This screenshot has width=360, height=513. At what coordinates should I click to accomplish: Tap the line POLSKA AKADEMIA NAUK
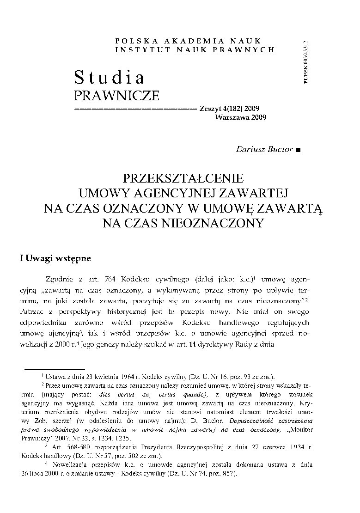[x=188, y=41]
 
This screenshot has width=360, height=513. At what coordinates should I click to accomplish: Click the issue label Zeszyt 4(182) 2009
[x=229, y=109]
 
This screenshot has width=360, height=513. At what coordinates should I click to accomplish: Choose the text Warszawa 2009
[x=240, y=117]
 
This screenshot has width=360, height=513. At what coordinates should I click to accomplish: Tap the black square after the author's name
[x=298, y=150]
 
